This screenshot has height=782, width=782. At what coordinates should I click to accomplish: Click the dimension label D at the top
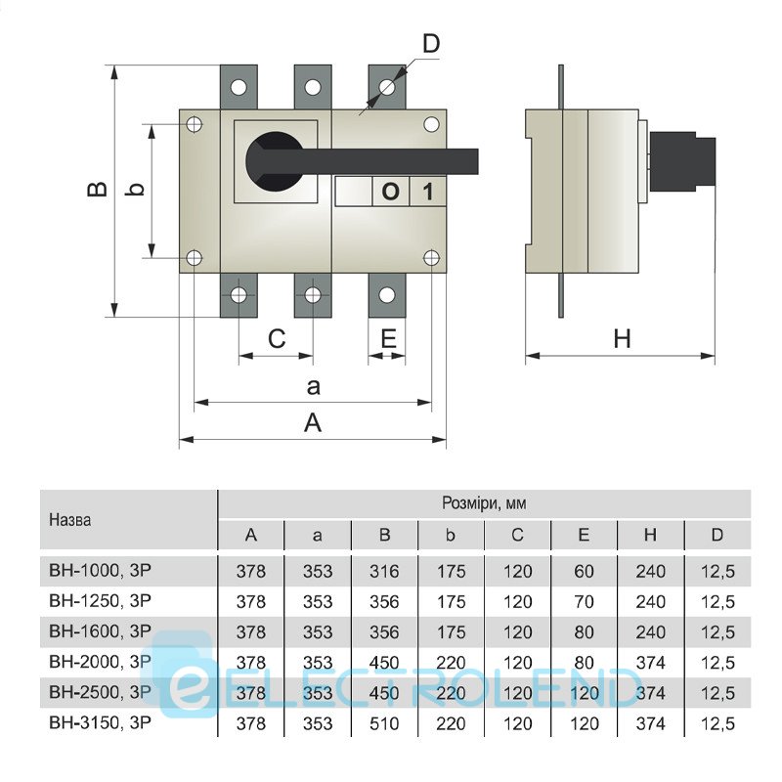[x=431, y=43]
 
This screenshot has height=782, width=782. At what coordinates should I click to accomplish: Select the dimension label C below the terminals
[x=277, y=339]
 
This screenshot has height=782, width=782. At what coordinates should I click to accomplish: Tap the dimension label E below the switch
[x=387, y=339]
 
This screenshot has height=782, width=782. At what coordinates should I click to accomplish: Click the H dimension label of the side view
[x=622, y=339]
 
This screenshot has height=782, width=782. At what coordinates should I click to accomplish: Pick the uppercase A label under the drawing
[x=313, y=422]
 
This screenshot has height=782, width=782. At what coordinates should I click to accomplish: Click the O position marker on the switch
[x=389, y=192]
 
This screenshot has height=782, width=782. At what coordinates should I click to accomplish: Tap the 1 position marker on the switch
[x=427, y=192]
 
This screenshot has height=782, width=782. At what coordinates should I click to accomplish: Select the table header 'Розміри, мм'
[x=485, y=504]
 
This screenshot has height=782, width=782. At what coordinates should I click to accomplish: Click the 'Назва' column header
[x=69, y=520]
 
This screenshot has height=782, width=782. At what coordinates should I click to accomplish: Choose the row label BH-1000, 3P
[x=100, y=570]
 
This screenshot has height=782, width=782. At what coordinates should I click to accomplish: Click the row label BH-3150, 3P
[x=100, y=723]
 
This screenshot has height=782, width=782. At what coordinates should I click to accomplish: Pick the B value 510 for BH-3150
[x=384, y=724]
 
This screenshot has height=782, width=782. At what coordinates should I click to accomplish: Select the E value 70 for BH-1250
[x=585, y=601]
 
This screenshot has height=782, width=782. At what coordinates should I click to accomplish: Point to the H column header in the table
[x=650, y=535]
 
